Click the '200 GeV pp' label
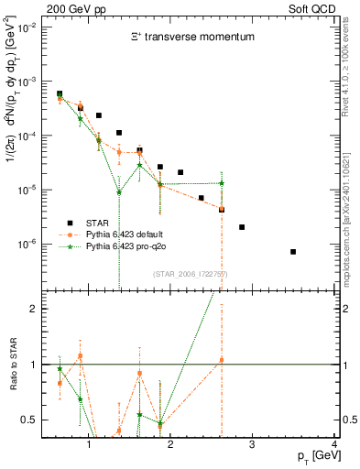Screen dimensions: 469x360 click(x=70, y=7)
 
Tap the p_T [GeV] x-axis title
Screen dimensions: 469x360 click(x=311, y=455)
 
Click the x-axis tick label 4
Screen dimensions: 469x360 click(x=333, y=445)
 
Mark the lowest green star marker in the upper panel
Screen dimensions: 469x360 click(x=119, y=192)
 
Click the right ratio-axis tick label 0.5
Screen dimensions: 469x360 click(x=349, y=420)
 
